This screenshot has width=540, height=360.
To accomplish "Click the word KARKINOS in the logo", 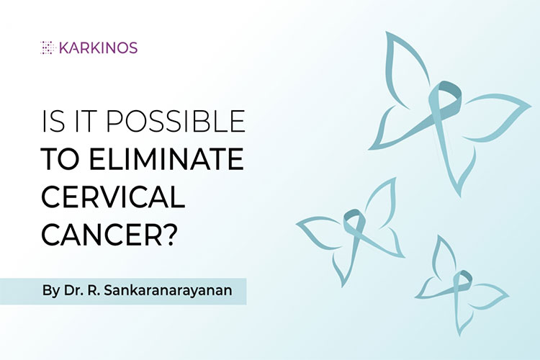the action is [x=99, y=48].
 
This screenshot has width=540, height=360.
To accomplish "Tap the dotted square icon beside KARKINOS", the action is [x=48, y=48].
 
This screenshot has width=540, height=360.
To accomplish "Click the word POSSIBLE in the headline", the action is [x=175, y=121].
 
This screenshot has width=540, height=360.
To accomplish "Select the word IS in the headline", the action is [x=53, y=121].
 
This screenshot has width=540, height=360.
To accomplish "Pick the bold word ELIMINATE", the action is [x=167, y=159].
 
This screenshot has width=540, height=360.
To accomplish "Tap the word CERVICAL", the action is [x=113, y=197].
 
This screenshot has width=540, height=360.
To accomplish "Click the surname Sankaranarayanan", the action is [x=168, y=291].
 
